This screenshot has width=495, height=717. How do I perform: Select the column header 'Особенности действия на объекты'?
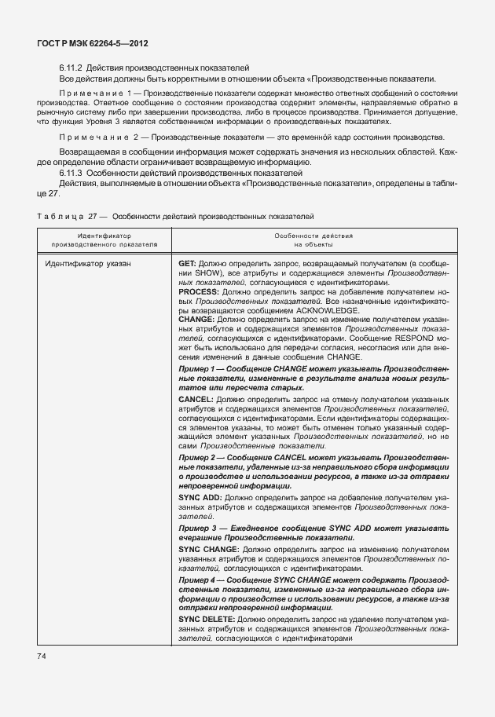pyautogui.click(x=313, y=240)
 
